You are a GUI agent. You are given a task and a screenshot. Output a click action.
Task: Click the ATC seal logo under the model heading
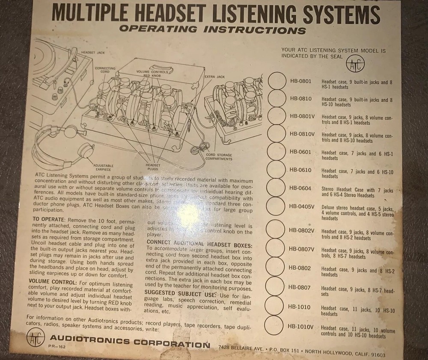[x=354, y=65]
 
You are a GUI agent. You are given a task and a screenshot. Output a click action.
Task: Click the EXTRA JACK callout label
[x=214, y=77]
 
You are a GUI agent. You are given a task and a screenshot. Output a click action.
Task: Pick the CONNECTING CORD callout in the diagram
[x=103, y=70]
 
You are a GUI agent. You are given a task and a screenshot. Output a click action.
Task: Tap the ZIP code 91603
[x=377, y=354]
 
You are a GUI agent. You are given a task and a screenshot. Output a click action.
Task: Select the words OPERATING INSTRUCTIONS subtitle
[x=213, y=30]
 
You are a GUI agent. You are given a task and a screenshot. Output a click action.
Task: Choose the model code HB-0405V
[x=302, y=207]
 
